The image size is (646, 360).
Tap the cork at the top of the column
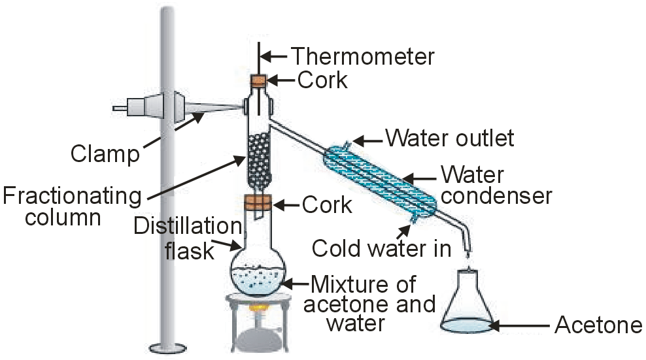pos(259,82)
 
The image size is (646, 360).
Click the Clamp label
pos(105,154)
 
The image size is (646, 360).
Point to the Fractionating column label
pos(71,206)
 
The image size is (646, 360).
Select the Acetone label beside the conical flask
pos(598,325)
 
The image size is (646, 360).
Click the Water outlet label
pos(450,139)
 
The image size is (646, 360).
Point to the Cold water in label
pos(381,248)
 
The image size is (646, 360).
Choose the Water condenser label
pos(496,186)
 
